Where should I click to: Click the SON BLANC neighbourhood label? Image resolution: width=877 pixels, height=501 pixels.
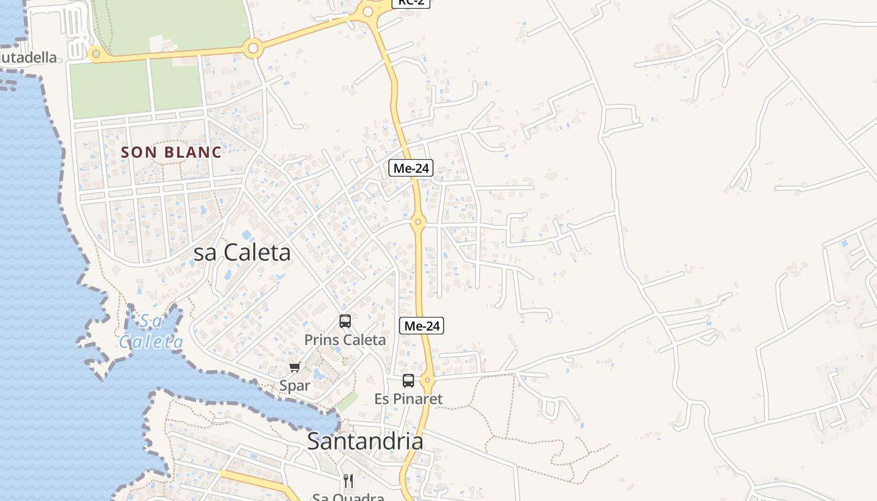point(171,152)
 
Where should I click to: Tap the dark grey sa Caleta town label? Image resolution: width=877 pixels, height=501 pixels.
point(242,252)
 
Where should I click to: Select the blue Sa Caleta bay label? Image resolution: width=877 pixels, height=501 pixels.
point(152,332)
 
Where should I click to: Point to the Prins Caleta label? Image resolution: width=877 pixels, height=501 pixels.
point(345,340)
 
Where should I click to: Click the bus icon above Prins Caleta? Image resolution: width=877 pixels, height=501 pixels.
point(345,321)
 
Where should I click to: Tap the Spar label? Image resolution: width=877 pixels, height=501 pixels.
point(294,386)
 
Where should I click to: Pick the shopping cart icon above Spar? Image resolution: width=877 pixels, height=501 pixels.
point(294,367)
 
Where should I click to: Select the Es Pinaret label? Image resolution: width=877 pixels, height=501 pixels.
point(408,399)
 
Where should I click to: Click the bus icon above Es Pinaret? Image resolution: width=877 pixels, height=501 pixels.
point(408,380)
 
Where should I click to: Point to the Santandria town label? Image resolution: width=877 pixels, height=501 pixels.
point(365,442)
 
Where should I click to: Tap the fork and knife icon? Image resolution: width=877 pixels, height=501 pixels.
point(348,481)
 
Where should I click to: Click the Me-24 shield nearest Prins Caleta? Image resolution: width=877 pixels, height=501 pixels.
point(422,326)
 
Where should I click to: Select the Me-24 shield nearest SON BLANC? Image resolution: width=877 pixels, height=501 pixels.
point(411,168)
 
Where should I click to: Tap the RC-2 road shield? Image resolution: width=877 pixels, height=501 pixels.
point(411,3)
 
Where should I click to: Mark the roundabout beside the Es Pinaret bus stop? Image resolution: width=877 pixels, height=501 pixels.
point(428,380)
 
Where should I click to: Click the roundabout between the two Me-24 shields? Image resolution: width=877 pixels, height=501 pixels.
point(418,221)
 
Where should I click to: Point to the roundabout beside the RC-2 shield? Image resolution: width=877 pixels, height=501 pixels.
point(368,10)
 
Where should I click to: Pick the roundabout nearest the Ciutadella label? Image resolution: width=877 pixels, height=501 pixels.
point(96,54)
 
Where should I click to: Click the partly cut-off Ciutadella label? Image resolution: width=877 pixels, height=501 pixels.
point(28,58)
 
